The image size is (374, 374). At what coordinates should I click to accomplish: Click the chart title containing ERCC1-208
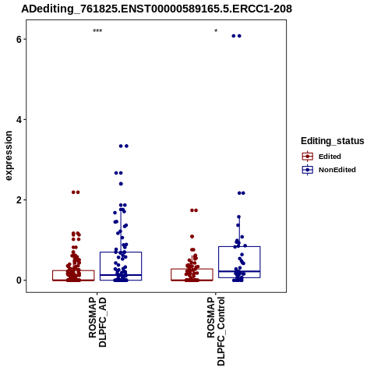[x=157, y=9]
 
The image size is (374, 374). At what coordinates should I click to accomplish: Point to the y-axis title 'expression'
[x=9, y=156]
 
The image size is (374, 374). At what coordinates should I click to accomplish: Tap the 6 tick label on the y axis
[x=19, y=40]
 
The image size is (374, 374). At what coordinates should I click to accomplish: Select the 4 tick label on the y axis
[x=19, y=120]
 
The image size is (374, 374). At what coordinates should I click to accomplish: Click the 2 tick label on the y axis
[x=19, y=200]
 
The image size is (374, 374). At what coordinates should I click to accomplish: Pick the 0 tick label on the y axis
[x=19, y=280]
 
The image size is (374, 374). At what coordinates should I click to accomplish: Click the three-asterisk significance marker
[x=97, y=31]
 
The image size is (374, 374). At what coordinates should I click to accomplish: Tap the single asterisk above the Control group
[x=216, y=31]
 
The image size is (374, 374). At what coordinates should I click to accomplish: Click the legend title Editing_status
[x=333, y=141]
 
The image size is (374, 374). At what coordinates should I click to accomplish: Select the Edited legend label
[x=330, y=157]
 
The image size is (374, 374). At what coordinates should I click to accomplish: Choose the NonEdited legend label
[x=337, y=170]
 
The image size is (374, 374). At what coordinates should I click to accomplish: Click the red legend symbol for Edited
[x=308, y=157]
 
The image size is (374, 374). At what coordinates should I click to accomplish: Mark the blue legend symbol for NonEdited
[x=308, y=170]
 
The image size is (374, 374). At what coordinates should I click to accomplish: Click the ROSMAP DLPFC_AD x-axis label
[x=97, y=322]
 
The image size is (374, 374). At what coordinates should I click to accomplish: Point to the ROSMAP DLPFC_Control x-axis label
[x=216, y=331]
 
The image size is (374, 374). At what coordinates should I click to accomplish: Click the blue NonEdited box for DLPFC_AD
[x=121, y=252]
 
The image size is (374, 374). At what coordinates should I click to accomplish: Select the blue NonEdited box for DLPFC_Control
[x=239, y=246]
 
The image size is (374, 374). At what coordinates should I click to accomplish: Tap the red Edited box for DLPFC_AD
[x=73, y=270]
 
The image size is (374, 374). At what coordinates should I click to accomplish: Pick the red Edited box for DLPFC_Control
[x=192, y=269]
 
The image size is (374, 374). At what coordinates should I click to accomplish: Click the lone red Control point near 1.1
[x=192, y=236]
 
